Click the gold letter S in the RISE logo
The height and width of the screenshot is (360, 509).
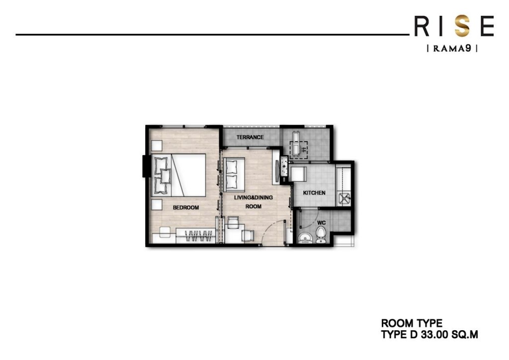pyautogui.click(x=462, y=26)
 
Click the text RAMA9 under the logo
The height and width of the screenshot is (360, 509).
pyautogui.click(x=452, y=49)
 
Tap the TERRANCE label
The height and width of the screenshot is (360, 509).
pyautogui.click(x=250, y=137)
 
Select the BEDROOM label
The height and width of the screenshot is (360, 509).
pyautogui.click(x=186, y=208)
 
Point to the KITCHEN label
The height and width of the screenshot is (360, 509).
pyautogui.click(x=315, y=193)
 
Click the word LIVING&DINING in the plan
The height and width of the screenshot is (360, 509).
pyautogui.click(x=254, y=197)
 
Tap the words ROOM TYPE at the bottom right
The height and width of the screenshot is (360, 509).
pyautogui.click(x=412, y=324)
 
